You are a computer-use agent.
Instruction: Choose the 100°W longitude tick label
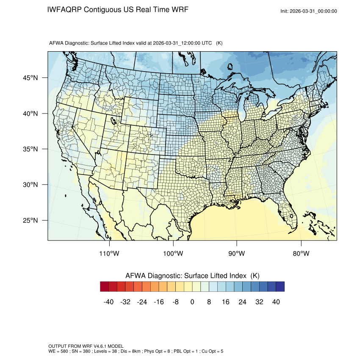(x=173, y=254)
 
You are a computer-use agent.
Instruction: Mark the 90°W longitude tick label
(x=237, y=254)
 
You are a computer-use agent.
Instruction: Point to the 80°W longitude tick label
(x=301, y=254)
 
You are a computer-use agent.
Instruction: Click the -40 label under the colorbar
(x=108, y=302)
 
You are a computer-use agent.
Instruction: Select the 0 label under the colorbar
(x=192, y=302)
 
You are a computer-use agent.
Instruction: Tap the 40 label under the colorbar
(x=276, y=302)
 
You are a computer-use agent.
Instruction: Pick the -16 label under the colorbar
(x=158, y=302)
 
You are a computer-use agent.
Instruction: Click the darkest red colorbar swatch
(x=105, y=287)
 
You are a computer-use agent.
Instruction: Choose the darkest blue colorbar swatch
(x=280, y=287)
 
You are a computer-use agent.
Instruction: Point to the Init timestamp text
(x=309, y=11)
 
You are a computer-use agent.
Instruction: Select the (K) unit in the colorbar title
(x=255, y=276)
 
